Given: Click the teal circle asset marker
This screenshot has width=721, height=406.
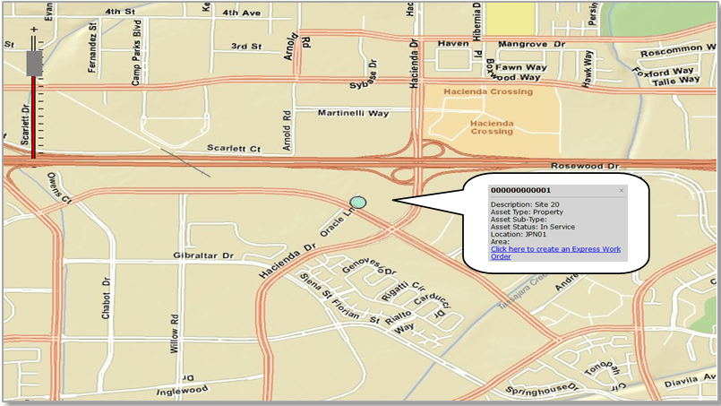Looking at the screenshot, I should (x=358, y=203).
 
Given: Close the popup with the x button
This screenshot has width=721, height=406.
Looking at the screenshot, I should (x=622, y=191).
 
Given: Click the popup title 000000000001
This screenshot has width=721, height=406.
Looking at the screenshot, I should (x=520, y=190).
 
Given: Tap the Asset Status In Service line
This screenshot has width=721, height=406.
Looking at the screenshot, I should (x=535, y=227).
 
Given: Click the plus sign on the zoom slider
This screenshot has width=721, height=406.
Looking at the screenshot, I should (x=35, y=30).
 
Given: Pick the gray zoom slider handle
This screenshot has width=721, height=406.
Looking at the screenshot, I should (x=35, y=63).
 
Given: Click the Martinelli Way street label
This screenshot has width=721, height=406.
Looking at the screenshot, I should (x=354, y=113).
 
